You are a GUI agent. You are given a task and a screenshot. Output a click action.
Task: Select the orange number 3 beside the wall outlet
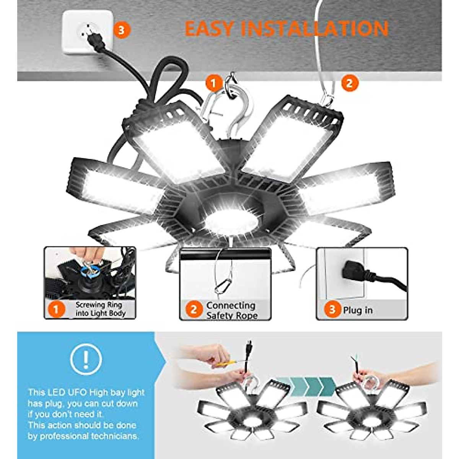[x=122, y=29]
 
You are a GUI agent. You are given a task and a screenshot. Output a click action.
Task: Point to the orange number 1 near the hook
[x=213, y=82]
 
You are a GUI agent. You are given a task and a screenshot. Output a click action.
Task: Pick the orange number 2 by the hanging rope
[x=349, y=82]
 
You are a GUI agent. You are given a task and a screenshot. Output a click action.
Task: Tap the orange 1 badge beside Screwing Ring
[x=56, y=309]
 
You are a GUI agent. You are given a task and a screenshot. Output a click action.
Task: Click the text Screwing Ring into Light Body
[x=100, y=309]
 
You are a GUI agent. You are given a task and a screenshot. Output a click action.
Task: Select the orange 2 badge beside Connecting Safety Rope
[x=194, y=309]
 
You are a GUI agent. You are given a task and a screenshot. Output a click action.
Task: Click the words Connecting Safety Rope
[x=231, y=310]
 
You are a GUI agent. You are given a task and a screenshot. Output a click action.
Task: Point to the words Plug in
[x=358, y=310]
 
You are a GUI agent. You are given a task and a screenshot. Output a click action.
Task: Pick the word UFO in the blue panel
[x=78, y=392]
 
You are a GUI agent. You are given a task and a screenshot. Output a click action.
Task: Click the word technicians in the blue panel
[x=115, y=436]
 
